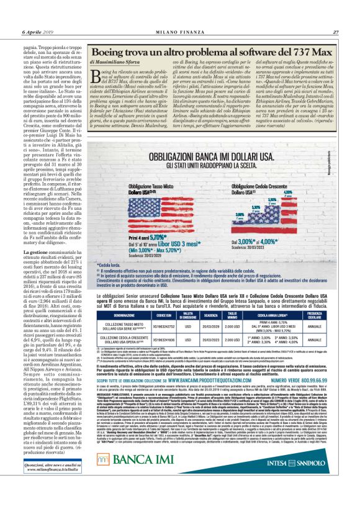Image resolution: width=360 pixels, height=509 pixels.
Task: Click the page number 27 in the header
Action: (x=335, y=33)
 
